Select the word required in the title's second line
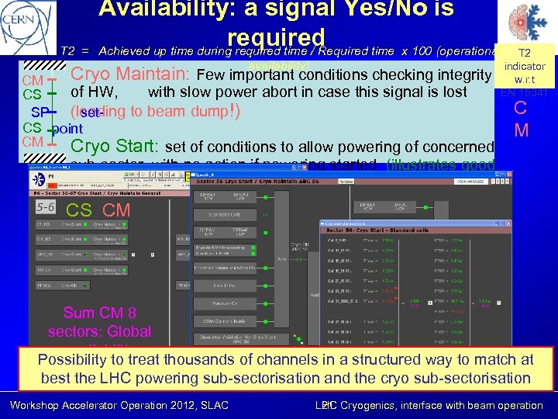tap(276, 36)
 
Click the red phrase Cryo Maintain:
tap(131, 75)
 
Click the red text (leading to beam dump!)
tap(155, 110)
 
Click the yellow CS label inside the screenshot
tap(79, 209)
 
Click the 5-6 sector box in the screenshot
tap(45, 207)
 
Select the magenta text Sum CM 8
tap(99, 313)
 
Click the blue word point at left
tap(67, 128)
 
